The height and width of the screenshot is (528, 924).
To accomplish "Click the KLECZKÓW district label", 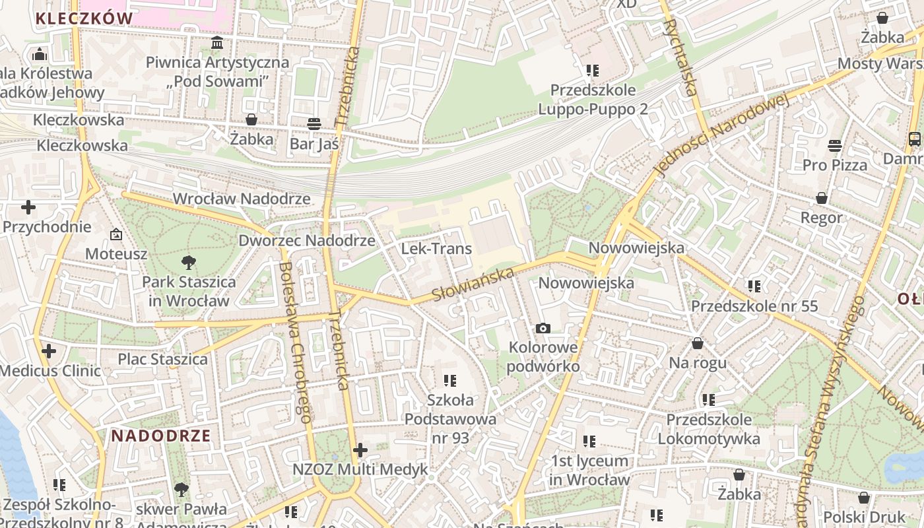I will [84, 18].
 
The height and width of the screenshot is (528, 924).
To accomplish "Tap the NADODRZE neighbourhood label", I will [161, 436].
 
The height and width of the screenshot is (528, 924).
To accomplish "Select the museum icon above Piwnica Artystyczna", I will [217, 44].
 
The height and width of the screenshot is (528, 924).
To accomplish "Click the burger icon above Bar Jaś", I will [314, 123].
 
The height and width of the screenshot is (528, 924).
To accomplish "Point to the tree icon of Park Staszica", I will [189, 262].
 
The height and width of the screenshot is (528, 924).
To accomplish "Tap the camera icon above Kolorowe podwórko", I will [543, 328].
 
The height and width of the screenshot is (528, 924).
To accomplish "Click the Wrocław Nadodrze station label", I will [241, 199].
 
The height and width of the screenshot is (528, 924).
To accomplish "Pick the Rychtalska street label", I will [680, 57].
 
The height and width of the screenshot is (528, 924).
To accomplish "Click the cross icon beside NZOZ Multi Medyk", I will [360, 450].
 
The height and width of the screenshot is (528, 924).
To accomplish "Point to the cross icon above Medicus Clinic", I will [49, 351].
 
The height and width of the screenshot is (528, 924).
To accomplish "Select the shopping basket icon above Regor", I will [822, 198].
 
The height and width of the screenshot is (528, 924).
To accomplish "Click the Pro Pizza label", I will [835, 165].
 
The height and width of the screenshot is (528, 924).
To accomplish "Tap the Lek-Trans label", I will [436, 249].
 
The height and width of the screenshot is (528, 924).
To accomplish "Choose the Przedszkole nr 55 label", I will [754, 306].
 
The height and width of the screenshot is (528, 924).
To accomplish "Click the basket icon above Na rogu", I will [698, 343].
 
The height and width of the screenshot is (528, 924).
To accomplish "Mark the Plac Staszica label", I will [162, 359].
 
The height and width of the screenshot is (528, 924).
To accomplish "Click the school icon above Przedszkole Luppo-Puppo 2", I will [592, 70].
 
